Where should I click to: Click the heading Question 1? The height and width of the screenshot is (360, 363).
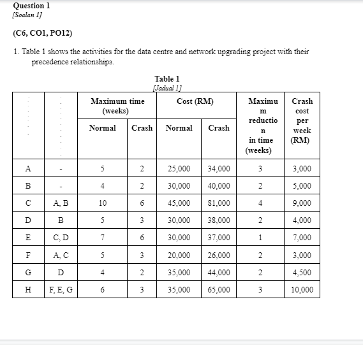31,5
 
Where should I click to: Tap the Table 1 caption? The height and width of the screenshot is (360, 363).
167,79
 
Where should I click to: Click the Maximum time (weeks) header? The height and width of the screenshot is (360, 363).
117,106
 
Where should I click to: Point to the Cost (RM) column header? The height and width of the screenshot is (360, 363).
195,101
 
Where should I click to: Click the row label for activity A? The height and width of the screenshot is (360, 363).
27,169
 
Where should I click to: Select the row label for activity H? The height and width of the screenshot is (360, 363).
27,289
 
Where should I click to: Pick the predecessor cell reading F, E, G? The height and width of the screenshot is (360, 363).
61,289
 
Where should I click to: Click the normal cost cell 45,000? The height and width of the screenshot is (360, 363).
179,203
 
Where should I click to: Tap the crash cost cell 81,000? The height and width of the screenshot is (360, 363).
219,203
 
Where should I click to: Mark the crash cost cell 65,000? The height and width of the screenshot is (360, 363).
219,289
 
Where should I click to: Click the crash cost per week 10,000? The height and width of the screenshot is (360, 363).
302,289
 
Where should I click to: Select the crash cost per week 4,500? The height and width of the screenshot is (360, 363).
302,272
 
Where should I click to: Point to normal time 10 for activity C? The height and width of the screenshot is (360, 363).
103,203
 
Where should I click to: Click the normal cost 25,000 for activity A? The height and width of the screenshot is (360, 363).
179,169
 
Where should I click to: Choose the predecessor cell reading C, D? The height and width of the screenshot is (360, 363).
61,238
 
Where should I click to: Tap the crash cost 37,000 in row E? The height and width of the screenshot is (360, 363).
219,238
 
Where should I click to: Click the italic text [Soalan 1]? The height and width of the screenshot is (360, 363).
28,14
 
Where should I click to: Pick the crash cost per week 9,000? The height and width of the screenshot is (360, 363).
302,203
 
